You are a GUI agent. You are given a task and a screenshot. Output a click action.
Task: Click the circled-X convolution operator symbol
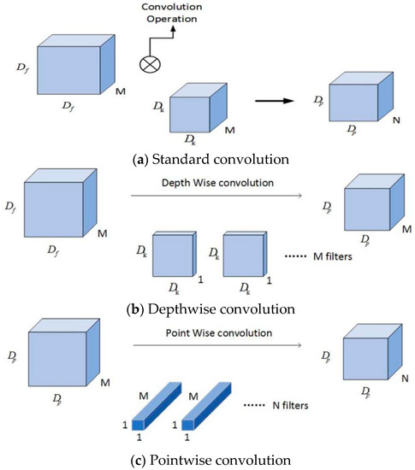[x=151, y=62]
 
